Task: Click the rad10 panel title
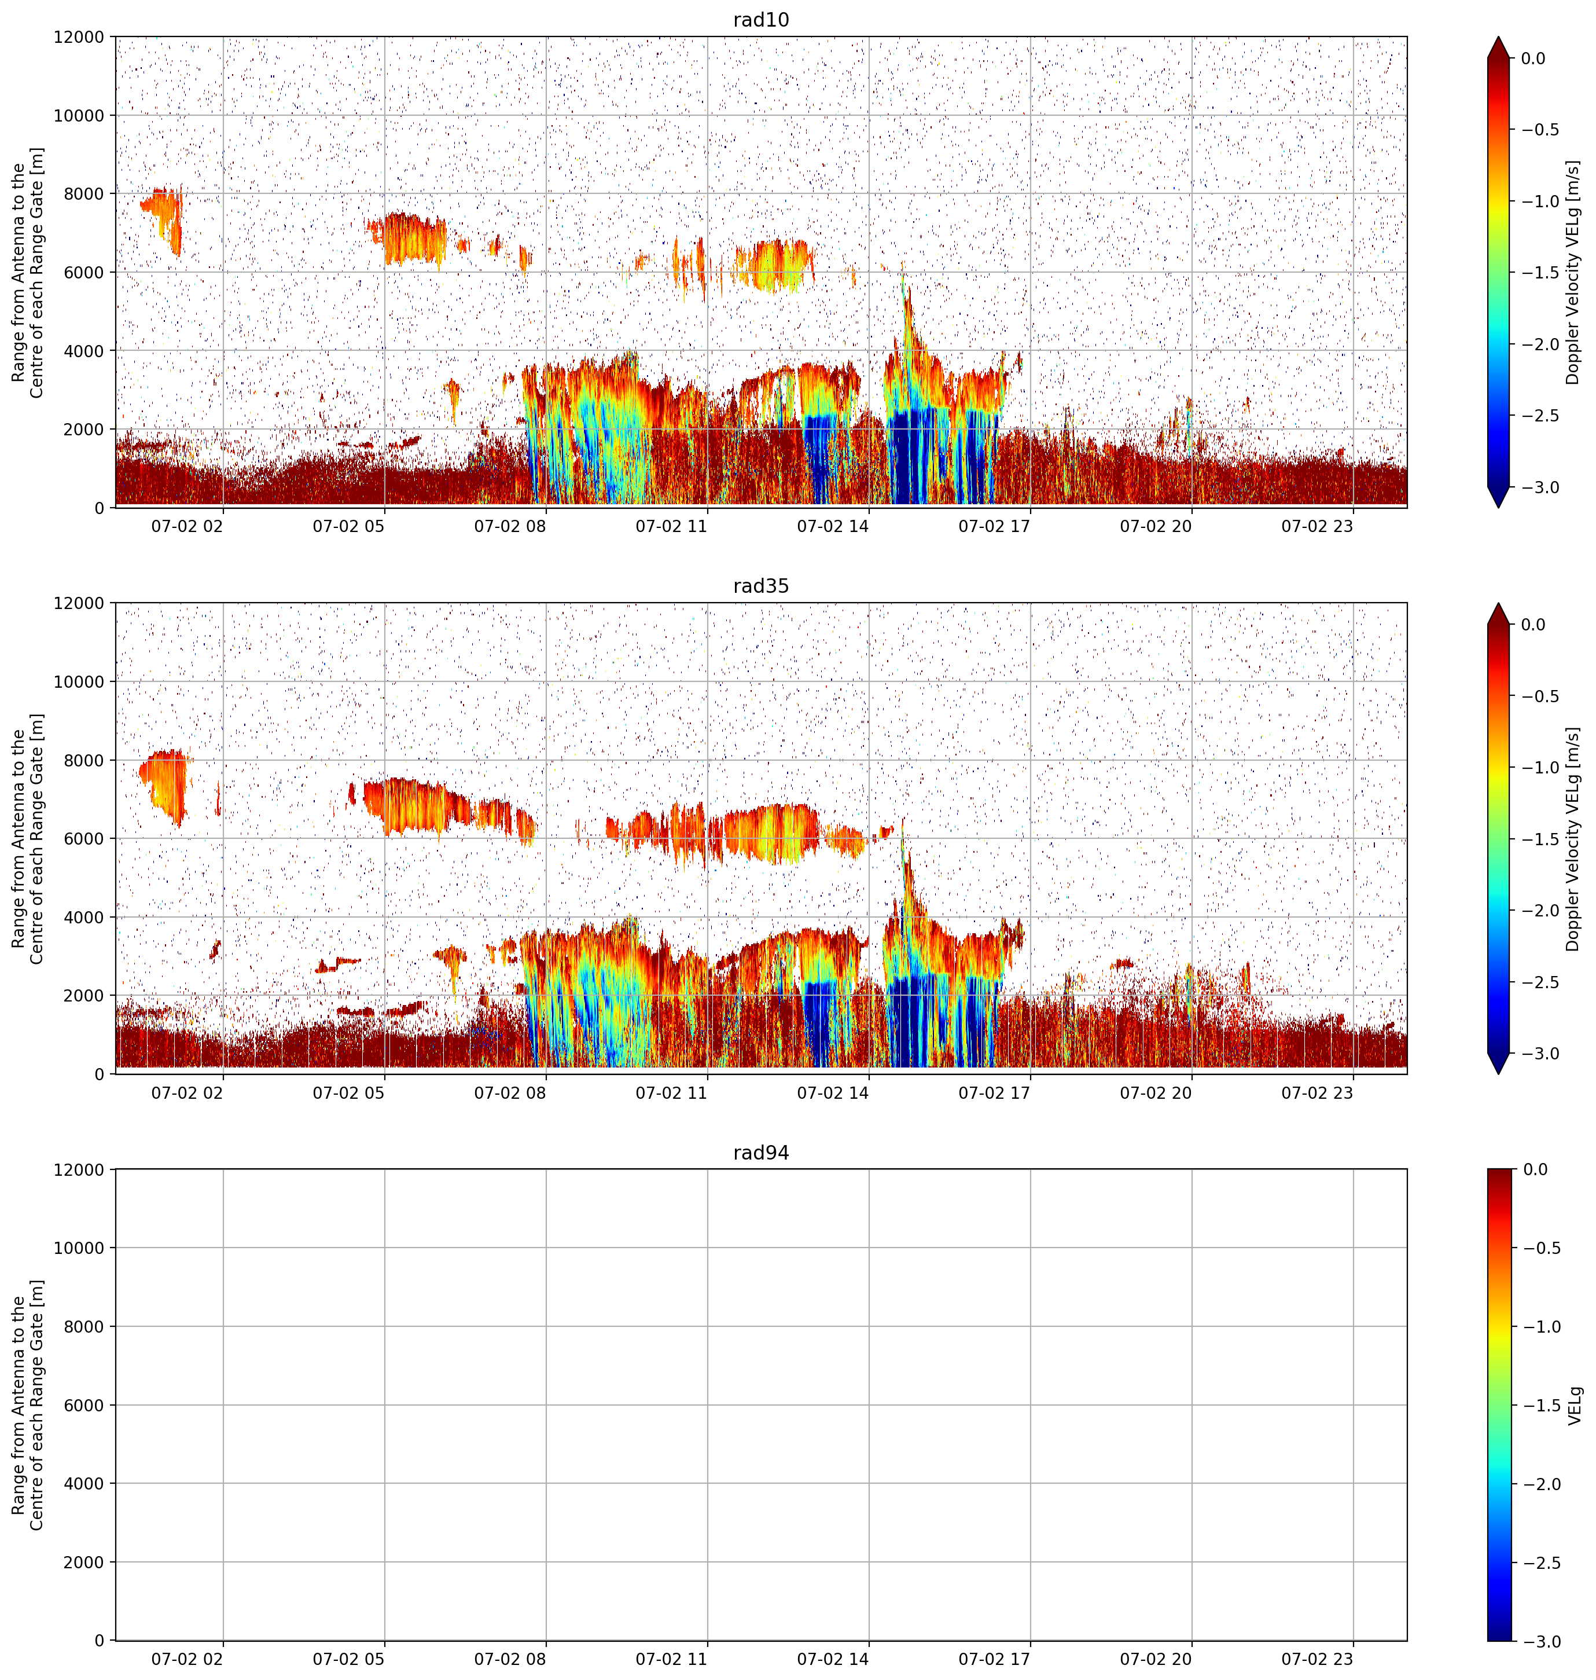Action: tap(760, 20)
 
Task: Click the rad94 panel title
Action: tap(760, 1153)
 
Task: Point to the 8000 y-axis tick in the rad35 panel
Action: tap(85, 760)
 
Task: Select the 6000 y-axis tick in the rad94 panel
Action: tap(85, 1405)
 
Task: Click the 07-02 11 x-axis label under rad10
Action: tap(671, 526)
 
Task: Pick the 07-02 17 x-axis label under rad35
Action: tap(995, 1093)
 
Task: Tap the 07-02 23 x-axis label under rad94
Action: tap(1317, 1660)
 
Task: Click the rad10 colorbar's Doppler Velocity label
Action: tap(1573, 272)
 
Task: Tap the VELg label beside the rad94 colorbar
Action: tap(1575, 1405)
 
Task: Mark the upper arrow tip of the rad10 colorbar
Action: tap(1498, 36)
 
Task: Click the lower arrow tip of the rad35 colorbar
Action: tap(1498, 1074)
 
